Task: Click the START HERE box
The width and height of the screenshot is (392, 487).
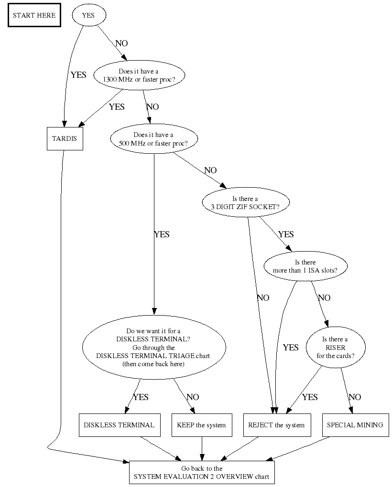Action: [34, 15]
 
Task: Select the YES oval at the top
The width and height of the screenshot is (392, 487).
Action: [88, 15]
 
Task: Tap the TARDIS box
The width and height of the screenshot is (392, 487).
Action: [65, 138]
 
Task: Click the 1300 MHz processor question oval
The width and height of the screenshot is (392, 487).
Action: [139, 75]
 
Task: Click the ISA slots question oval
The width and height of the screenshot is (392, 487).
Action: [305, 266]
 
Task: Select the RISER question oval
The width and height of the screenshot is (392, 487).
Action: [335, 347]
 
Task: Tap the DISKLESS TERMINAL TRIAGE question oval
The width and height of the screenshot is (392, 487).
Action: [153, 347]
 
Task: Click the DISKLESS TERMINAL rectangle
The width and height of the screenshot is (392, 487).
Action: [119, 425]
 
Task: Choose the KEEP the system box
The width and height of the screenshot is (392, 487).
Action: [201, 425]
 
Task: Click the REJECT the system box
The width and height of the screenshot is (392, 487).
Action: [276, 425]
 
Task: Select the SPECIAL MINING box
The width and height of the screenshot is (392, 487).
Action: [355, 425]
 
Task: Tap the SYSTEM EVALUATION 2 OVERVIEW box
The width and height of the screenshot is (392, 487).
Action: [201, 473]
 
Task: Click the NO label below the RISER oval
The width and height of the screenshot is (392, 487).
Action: [355, 397]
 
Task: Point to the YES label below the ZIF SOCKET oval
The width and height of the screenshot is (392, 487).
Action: [286, 234]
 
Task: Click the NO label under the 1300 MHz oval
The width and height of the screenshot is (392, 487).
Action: [152, 106]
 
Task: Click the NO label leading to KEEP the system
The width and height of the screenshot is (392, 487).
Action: [193, 397]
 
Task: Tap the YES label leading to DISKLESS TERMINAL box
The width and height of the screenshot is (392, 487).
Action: [141, 397]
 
